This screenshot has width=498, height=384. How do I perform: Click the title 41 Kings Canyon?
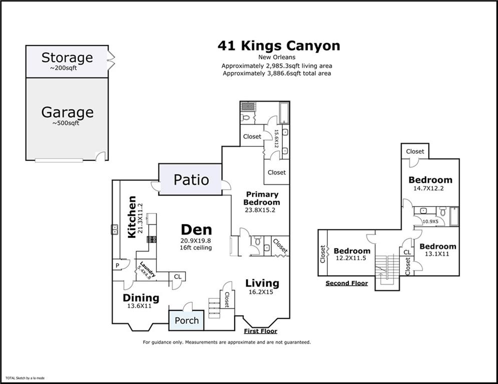[279, 46]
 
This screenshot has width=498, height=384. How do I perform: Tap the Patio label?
[191, 180]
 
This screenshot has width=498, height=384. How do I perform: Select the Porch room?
[186, 320]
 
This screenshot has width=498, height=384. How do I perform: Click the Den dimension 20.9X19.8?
[196, 241]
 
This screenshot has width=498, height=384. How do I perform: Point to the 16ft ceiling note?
[196, 247]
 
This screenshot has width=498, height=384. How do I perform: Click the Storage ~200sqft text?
[67, 61]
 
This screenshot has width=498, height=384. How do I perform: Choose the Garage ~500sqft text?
[68, 115]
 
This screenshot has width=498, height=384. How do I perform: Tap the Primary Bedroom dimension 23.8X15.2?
[260, 210]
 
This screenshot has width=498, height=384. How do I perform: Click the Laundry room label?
[147, 269]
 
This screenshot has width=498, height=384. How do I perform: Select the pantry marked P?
[118, 265]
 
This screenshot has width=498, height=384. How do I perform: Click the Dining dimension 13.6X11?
[140, 306]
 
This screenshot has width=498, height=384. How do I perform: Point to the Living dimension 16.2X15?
[260, 292]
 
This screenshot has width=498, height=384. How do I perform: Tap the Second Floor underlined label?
[346, 283]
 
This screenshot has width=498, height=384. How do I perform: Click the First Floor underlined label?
[260, 331]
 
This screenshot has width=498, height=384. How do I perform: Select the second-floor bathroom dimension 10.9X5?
[430, 221]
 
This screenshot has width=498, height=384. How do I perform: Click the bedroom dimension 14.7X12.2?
[428, 188]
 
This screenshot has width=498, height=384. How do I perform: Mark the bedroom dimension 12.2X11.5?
[351, 258]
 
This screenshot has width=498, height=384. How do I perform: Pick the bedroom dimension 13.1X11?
[437, 254]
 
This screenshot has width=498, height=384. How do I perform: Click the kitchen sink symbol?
[115, 229]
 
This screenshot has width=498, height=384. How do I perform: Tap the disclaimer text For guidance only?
[227, 342]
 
